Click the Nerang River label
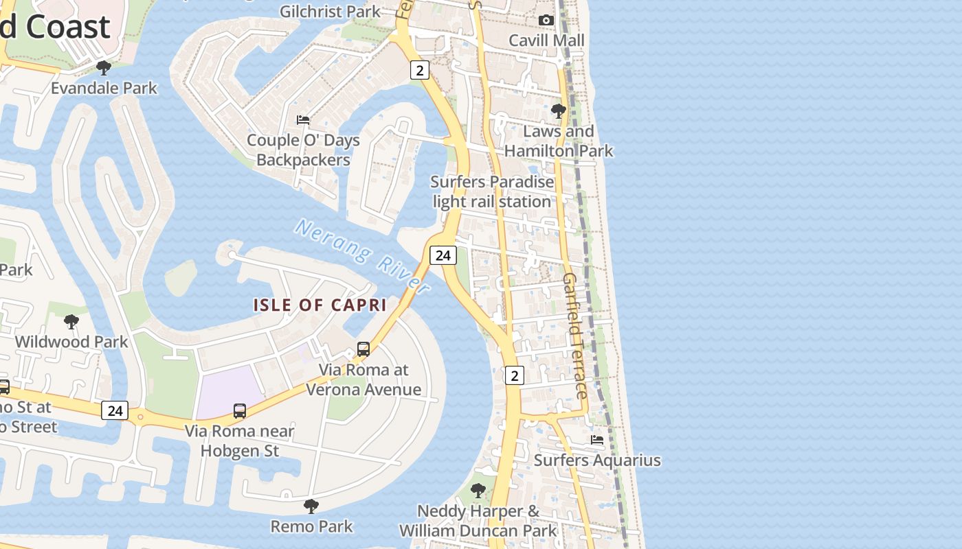point(363,256)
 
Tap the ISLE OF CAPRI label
point(320,305)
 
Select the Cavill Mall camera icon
point(546,20)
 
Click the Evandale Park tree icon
point(104,67)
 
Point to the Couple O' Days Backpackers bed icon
point(303,119)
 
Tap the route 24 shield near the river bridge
point(443,255)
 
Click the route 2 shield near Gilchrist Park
point(420,69)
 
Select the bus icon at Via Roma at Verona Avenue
point(363,349)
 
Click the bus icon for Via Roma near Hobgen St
point(240,410)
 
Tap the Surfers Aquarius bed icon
point(597,439)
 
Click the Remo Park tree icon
point(311,506)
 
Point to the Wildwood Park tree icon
point(71,321)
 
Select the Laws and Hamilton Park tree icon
point(559,110)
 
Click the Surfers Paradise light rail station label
point(492,191)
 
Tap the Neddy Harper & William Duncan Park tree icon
point(478,491)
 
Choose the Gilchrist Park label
point(331,11)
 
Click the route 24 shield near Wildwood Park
point(115,410)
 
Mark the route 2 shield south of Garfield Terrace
point(515,375)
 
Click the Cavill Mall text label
point(547,40)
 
